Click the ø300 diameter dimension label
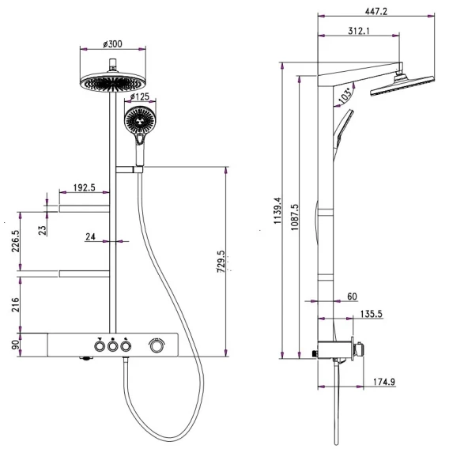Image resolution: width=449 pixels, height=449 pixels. click(x=112, y=43)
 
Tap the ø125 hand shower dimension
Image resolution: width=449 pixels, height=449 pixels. click(x=140, y=96)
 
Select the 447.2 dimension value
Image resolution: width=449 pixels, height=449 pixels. click(x=376, y=11)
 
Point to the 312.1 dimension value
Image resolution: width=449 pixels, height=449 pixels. click(x=359, y=30)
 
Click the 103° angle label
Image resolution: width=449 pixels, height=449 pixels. click(x=345, y=95)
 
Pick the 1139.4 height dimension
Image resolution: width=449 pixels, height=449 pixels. click(x=277, y=210)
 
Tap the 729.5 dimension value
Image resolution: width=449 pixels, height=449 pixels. click(x=221, y=262)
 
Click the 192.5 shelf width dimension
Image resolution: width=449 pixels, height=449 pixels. click(x=84, y=187)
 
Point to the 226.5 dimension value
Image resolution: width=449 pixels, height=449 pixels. click(x=16, y=241)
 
